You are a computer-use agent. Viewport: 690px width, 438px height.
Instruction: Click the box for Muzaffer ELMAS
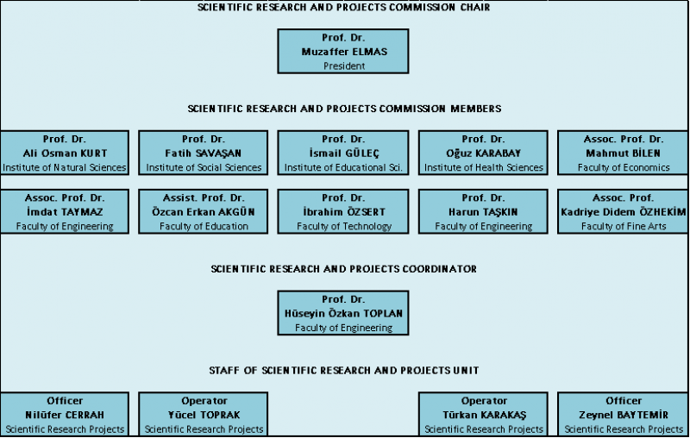pos(343,51)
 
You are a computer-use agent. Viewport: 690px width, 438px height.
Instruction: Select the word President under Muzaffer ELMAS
pos(343,65)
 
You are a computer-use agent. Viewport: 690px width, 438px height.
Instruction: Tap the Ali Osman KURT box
pos(65,153)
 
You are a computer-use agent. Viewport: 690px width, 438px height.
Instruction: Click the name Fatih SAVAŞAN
pos(204,153)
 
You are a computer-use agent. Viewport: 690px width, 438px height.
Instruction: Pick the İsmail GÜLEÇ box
pos(343,153)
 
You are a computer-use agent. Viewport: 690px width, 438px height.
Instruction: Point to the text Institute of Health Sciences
pos(483,167)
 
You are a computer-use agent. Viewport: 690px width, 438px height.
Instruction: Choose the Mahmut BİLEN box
pos(623,153)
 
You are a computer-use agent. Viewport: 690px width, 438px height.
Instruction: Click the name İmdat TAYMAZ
pos(65,211)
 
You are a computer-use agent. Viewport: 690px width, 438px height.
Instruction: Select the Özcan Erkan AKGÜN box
pos(204,211)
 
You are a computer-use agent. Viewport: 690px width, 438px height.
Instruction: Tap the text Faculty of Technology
pos(343,226)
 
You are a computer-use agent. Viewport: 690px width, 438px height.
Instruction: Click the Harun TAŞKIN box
pos(483,211)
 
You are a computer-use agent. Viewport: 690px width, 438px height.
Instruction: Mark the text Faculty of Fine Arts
pos(623,226)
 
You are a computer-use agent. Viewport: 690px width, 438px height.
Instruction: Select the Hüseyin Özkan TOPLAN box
pos(343,313)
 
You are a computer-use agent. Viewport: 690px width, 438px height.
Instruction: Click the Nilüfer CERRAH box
pos(65,414)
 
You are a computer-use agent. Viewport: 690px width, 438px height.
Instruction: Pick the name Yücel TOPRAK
pos(204,414)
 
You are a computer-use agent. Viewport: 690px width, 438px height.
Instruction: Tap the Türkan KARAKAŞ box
pos(483,414)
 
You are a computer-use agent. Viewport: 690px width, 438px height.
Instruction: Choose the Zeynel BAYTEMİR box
pos(623,414)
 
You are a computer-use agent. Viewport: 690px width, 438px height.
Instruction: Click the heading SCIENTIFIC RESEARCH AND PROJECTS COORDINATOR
pos(343,269)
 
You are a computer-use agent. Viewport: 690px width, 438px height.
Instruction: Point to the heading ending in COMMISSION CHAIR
pos(343,7)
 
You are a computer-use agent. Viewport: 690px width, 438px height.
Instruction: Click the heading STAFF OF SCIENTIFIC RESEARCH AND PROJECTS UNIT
pos(343,370)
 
